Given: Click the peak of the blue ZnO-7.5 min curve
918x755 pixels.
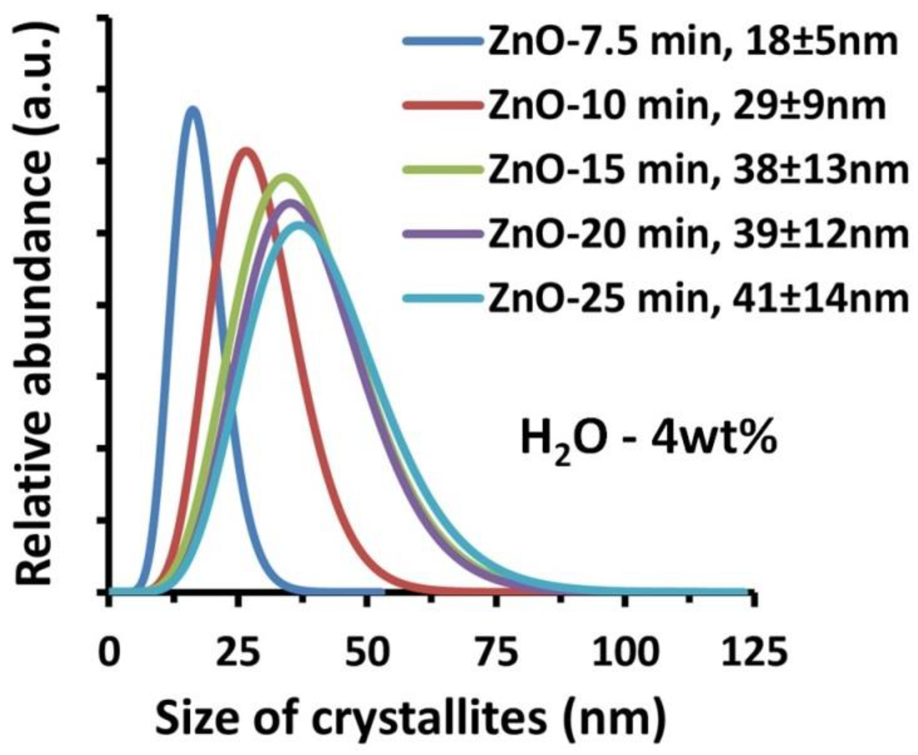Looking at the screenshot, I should click(x=193, y=111).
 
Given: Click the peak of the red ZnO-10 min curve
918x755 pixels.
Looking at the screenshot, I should click(x=246, y=152).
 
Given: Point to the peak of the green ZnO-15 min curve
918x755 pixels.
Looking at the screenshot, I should click(x=285, y=178).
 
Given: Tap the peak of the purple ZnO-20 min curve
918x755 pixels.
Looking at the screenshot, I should click(x=290, y=203).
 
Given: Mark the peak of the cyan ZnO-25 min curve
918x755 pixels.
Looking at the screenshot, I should click(x=300, y=226).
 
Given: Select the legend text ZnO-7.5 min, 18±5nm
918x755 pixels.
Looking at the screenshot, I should click(x=693, y=42).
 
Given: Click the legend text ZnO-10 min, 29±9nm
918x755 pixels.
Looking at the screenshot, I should click(x=687, y=106).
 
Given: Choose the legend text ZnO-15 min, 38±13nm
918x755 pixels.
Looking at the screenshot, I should click(x=698, y=170).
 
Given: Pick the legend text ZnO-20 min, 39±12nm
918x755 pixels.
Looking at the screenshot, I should click(x=698, y=235).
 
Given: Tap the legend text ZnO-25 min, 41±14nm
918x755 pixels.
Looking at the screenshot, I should click(x=698, y=299).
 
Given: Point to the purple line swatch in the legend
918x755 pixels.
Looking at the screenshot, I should click(x=443, y=235).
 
